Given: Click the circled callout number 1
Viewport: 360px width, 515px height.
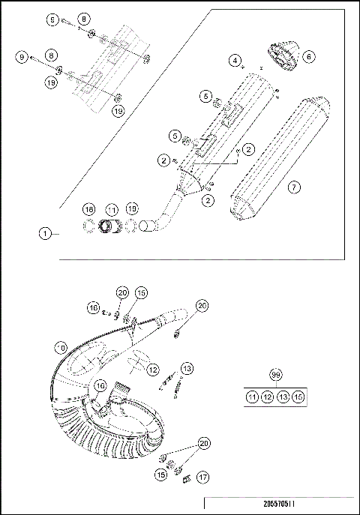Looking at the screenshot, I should click(x=45, y=234).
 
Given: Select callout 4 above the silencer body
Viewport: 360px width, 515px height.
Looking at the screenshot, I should click(x=235, y=59).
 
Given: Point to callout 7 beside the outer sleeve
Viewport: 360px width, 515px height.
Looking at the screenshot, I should click(x=294, y=187).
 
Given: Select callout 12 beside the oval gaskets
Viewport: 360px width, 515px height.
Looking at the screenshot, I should click(x=152, y=370).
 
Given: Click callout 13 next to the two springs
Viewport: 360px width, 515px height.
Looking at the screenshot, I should click(x=187, y=368).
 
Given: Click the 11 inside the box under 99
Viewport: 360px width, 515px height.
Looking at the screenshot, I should click(x=253, y=397).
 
